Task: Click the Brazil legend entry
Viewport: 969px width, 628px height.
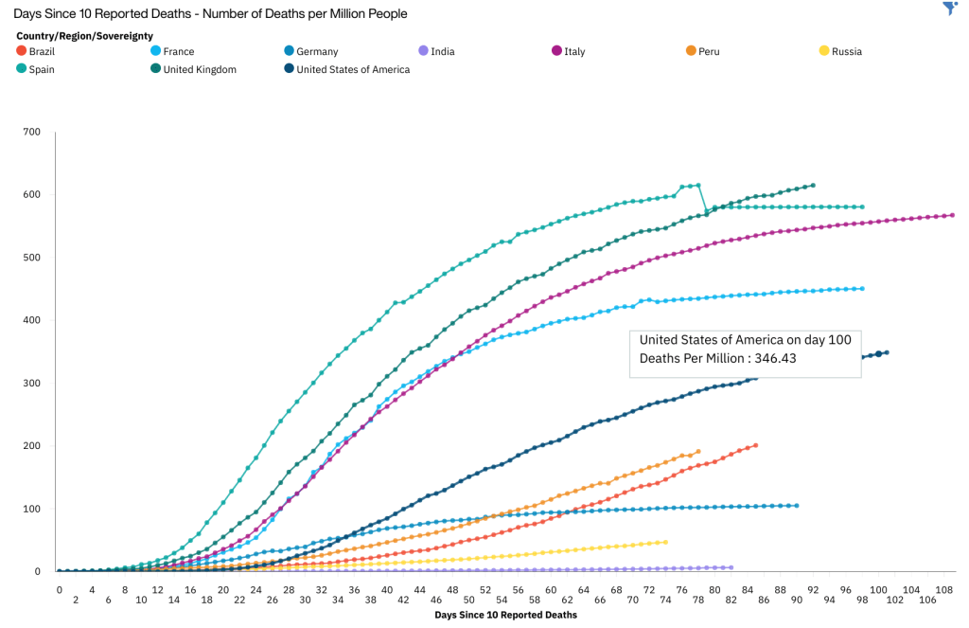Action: tap(42, 51)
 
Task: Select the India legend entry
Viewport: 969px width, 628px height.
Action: tap(442, 51)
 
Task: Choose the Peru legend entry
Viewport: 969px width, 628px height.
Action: tap(709, 51)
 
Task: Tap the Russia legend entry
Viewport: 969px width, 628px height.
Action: tap(846, 51)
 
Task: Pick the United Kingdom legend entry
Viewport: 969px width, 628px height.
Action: tap(199, 69)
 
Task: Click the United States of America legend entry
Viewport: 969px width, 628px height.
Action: tap(352, 69)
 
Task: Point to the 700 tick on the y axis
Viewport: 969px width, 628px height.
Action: tap(31, 132)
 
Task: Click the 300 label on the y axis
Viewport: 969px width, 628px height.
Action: tap(31, 383)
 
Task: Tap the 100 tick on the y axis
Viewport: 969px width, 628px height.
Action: tap(31, 509)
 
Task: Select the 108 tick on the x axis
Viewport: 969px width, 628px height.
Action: tap(943, 588)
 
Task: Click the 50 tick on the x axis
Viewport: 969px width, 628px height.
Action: tap(468, 588)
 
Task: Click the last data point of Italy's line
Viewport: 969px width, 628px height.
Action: tap(951, 215)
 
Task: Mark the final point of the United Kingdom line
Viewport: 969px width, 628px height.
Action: tap(813, 186)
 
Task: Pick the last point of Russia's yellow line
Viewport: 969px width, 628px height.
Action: tap(665, 542)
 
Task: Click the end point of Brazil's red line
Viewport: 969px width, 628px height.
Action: tap(755, 445)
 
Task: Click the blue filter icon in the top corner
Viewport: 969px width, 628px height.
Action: tap(950, 9)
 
